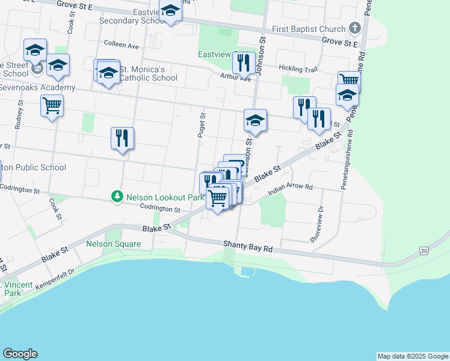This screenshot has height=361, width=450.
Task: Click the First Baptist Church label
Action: click(309, 29)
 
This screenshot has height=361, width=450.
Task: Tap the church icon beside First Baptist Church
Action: click(355, 28)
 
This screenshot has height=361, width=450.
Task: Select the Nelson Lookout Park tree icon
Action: click(117, 197)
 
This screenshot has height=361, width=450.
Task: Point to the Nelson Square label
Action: click(113, 244)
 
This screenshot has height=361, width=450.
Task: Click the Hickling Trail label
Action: click(298, 70)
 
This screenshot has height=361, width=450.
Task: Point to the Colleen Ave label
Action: click(122, 45)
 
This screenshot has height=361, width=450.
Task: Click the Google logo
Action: click(20, 354)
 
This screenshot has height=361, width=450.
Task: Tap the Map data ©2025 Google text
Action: click(412, 356)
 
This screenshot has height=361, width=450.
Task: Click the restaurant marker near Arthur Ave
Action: click(244, 62)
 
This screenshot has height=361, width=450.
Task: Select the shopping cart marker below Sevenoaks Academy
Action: click(52, 106)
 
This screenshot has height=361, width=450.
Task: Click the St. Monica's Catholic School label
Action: click(148, 73)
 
